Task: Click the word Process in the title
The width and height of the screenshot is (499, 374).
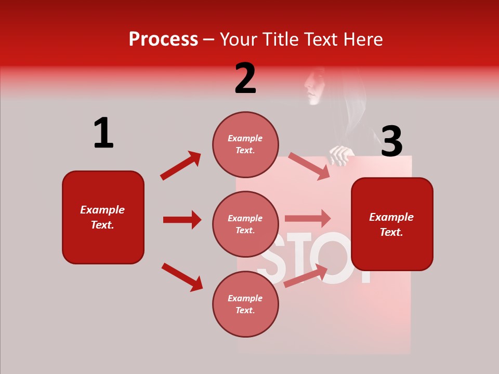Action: (163, 39)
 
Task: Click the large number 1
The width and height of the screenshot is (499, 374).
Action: (103, 133)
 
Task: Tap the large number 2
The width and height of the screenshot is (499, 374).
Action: (245, 78)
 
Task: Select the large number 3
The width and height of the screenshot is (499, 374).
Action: (391, 141)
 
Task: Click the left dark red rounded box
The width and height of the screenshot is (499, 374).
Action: (103, 217)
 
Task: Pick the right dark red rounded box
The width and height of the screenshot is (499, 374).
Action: (392, 224)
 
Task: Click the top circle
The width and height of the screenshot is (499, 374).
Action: (245, 144)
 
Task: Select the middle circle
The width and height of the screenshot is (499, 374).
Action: (245, 224)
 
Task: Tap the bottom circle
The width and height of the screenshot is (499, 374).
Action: (245, 304)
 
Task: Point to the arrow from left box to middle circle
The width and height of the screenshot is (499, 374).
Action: (182, 220)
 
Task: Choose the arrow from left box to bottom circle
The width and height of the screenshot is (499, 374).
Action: (182, 277)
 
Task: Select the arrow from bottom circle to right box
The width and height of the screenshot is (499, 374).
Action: (306, 275)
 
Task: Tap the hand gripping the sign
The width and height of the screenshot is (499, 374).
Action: (341, 155)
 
